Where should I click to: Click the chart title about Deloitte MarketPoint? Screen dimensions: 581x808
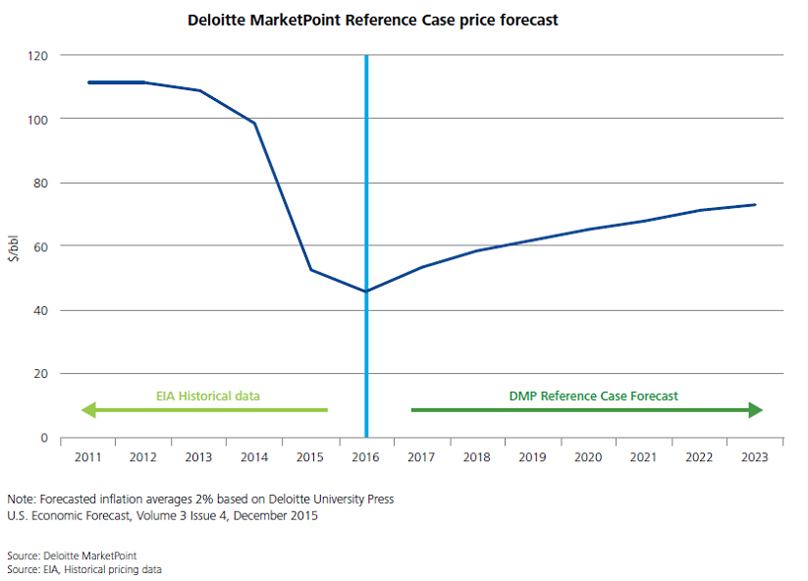click(373, 20)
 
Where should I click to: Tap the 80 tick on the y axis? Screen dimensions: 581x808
click(40, 183)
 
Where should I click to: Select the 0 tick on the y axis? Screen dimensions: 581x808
click(44, 438)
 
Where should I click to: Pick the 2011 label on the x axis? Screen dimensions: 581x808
click(88, 456)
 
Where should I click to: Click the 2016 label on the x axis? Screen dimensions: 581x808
click(366, 456)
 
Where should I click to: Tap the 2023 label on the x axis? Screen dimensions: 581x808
click(755, 456)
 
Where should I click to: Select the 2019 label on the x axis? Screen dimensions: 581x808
click(533, 456)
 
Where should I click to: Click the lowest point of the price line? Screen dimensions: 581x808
click(366, 291)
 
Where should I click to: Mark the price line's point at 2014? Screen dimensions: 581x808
click(254, 123)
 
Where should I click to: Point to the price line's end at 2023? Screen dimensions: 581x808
click(755, 205)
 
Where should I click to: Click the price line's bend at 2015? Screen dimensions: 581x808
click(310, 270)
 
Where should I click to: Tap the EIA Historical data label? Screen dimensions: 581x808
click(208, 396)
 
